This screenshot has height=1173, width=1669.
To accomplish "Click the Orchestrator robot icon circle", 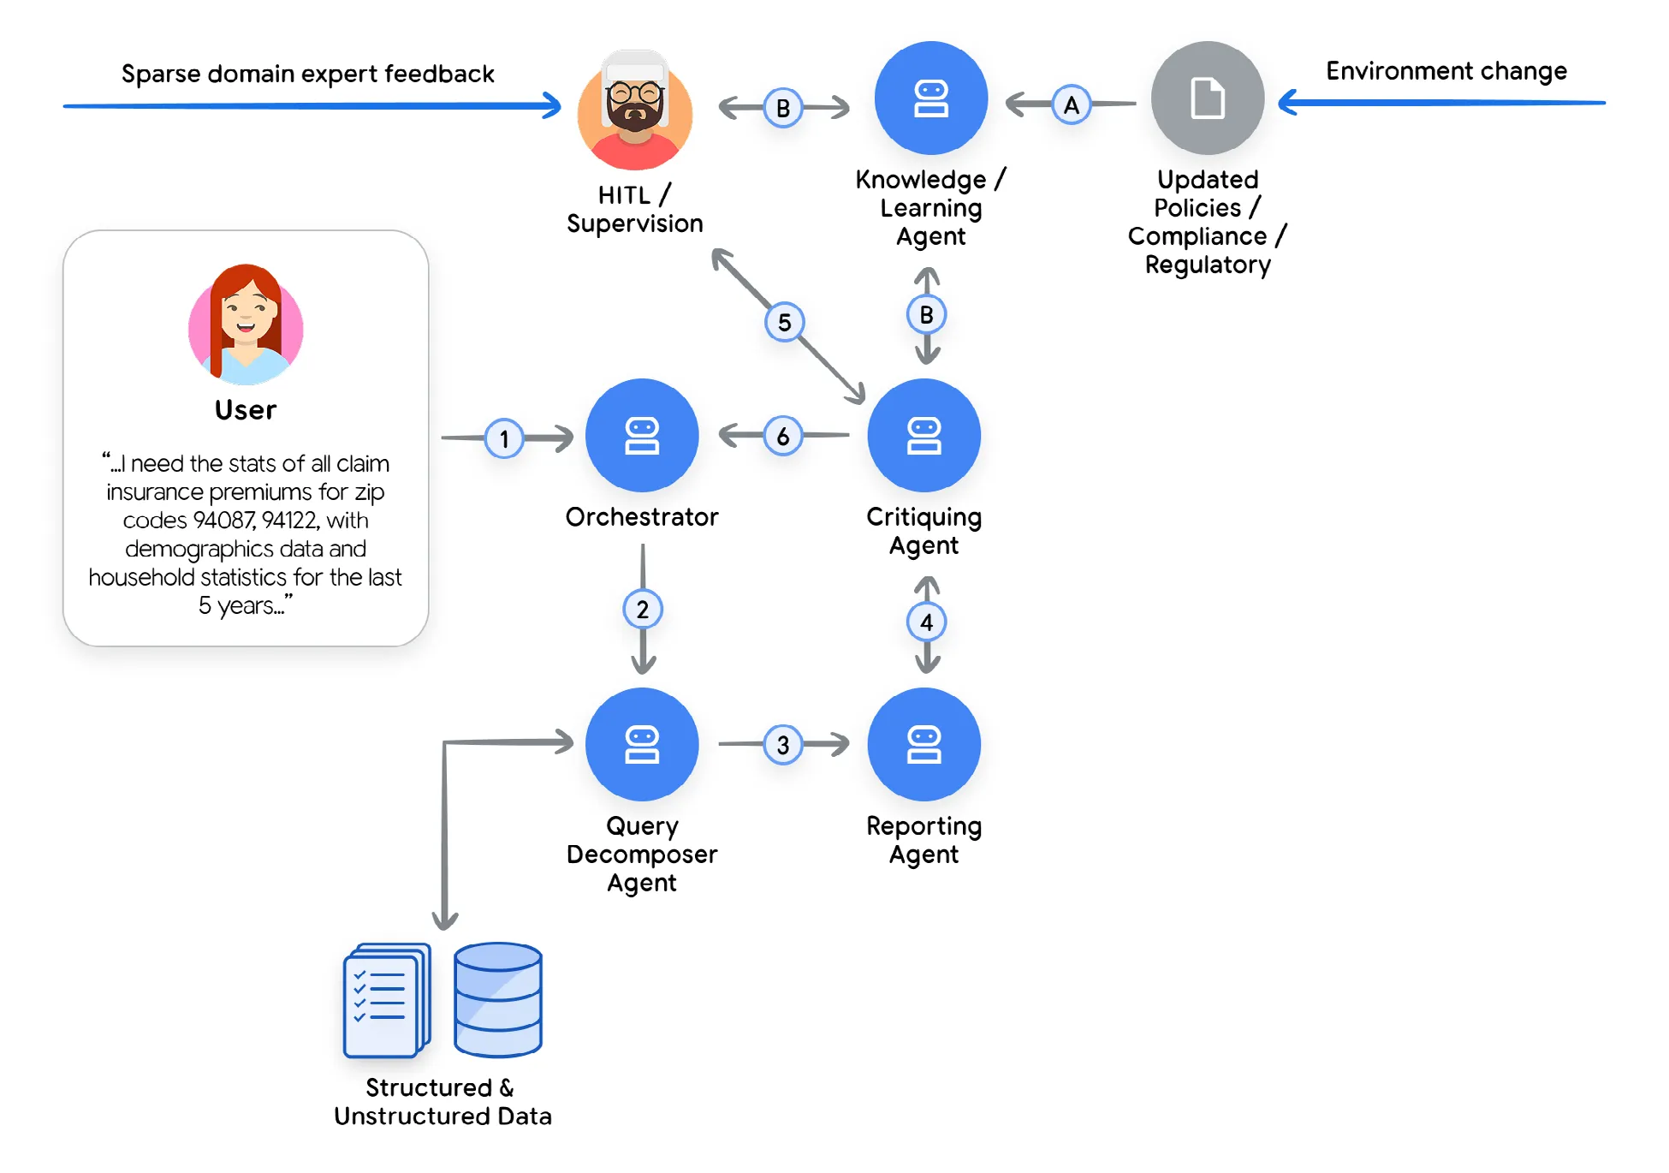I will click(642, 435).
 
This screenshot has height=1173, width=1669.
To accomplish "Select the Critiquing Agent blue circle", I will click(924, 435).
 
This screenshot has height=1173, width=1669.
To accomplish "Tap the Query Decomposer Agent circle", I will click(642, 743).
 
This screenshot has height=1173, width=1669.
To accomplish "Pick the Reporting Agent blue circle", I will click(924, 743).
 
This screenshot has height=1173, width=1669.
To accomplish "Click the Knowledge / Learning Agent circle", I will click(930, 98).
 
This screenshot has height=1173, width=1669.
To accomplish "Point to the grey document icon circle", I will click(1207, 98).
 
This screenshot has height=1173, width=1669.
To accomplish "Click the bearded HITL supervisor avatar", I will click(635, 110).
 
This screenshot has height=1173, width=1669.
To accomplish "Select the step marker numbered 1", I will click(504, 438).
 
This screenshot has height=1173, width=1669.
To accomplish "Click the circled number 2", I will click(643, 609).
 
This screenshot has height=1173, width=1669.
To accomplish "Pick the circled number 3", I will click(782, 744).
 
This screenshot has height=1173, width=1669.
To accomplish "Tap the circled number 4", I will click(926, 622).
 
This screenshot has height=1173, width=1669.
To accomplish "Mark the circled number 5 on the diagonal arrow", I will click(784, 322).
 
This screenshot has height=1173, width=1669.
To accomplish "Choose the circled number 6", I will click(782, 436).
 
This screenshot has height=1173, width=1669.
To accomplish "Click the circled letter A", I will click(1071, 105).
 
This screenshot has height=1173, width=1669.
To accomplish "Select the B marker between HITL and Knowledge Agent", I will click(782, 108).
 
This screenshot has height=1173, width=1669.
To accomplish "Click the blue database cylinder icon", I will click(498, 999).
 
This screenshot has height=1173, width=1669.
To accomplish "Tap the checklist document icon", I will click(386, 1000).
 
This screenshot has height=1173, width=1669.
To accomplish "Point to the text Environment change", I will click(1446, 70).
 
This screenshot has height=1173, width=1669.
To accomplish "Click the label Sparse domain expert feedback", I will click(308, 74).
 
